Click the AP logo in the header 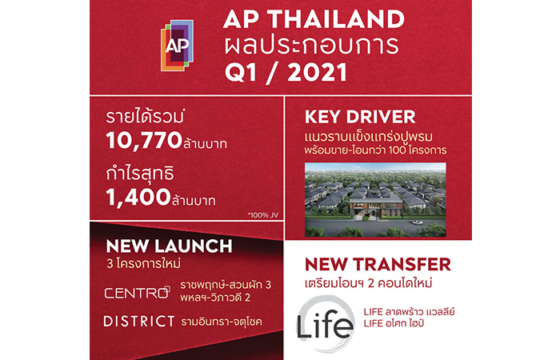click(x=177, y=46)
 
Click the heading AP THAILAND click(x=314, y=19)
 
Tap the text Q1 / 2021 click(x=286, y=73)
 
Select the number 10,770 click(x=144, y=140)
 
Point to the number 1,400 click(x=138, y=197)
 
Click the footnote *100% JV click(x=263, y=215)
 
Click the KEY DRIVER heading click(x=360, y=117)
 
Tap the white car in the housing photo click(x=417, y=223)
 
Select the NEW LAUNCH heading click(x=170, y=246)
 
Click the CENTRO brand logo click(x=137, y=293)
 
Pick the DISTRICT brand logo click(x=139, y=322)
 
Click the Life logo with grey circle click(x=326, y=323)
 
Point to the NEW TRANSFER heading click(x=378, y=265)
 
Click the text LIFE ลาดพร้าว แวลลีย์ click(x=410, y=311)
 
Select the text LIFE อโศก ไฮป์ click(x=394, y=323)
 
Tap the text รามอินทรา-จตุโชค click(x=222, y=322)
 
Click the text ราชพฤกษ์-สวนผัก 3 click(x=226, y=285)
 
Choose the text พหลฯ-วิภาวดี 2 click(x=215, y=297)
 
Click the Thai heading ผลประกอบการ click(x=311, y=46)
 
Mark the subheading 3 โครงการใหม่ click(x=143, y=264)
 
